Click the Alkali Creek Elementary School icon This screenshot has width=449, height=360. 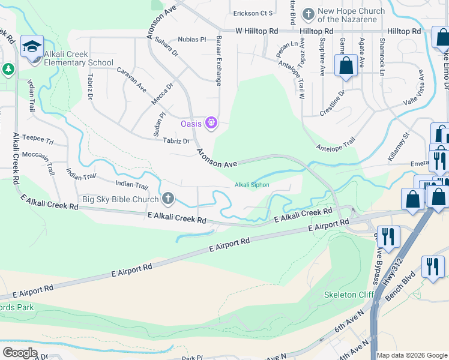pos(32,46)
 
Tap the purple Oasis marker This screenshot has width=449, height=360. pos(211,124)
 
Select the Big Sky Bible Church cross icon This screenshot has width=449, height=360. pos(168,199)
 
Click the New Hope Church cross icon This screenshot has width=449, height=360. pos(308,13)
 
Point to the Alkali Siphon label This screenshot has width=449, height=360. pos(252,185)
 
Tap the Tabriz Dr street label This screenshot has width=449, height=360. pos(176,141)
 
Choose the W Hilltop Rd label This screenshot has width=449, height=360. pos(256,30)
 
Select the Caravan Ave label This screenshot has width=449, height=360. pos(132,79)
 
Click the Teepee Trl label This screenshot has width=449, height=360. pos(38,139)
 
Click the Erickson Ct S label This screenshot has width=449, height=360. pos(253,13)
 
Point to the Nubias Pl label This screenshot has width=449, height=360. pos(191,40)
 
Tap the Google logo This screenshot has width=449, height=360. pos(20,353)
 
